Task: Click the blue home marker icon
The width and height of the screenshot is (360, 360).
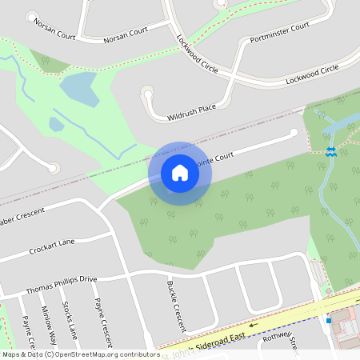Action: (x=180, y=172)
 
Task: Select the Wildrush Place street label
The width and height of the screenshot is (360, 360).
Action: (x=192, y=112)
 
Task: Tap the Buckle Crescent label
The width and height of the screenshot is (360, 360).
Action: (x=176, y=305)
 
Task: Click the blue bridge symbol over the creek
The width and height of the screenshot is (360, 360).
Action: (x=330, y=151)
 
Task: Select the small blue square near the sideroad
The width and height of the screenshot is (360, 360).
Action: (x=328, y=320)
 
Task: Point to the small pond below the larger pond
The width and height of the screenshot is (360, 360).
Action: (x=56, y=124)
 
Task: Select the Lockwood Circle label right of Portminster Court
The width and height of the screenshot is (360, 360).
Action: (x=317, y=74)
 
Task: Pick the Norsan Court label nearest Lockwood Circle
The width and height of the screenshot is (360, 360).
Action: (x=126, y=30)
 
